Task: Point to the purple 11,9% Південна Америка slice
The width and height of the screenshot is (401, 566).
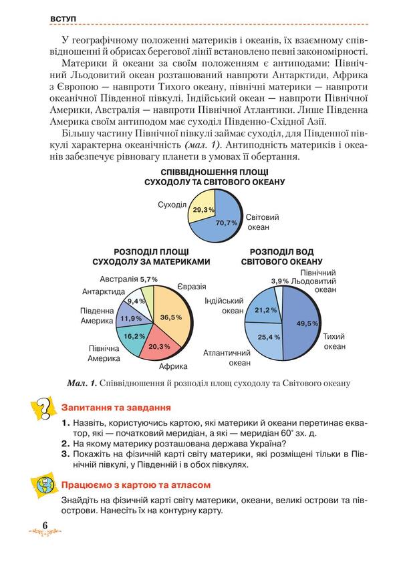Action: pos(130,318)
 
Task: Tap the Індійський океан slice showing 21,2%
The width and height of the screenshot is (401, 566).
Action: pos(261,308)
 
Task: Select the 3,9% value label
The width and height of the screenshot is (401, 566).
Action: pos(279,281)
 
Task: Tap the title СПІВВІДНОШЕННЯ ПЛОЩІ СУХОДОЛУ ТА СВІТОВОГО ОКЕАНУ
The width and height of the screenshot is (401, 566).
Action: pos(215,177)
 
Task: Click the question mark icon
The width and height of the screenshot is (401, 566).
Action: pos(42,408)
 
